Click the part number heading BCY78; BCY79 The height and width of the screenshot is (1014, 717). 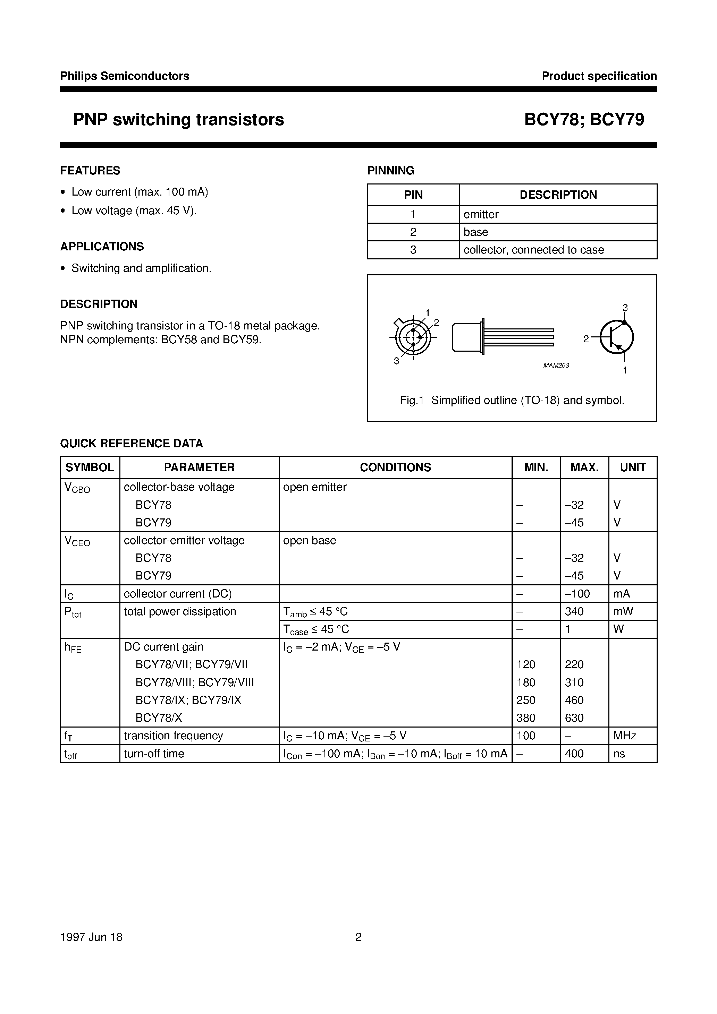coord(584,120)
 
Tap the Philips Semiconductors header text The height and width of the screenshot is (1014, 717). coord(125,76)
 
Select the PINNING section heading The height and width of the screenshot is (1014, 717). coord(390,171)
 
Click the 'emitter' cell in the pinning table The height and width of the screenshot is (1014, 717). coord(481,215)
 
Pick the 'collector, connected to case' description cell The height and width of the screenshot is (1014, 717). coord(533,250)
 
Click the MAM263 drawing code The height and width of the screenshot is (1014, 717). coord(556,365)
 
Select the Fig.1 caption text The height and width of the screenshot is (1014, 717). coord(512,401)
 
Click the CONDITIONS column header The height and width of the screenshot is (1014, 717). coord(395,467)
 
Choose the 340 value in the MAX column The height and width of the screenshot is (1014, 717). coord(574,612)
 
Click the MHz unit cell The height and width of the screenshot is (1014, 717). coord(625,736)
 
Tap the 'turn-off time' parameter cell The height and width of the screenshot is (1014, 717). coord(154,754)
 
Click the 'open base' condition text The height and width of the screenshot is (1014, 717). coord(310,541)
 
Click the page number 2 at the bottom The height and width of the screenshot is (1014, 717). coord(358,937)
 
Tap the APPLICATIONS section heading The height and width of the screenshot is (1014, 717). coord(102,247)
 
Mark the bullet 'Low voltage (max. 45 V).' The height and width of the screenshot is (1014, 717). coord(134,210)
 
